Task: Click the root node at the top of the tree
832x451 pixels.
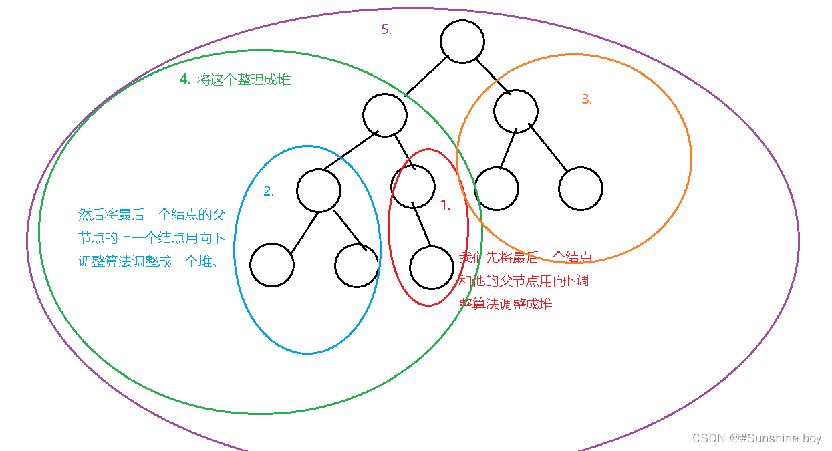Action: pos(462,41)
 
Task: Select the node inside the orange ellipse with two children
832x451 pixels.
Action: pos(516,111)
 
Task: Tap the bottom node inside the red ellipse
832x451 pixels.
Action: pos(431,267)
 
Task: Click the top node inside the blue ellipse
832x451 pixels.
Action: pos(319,190)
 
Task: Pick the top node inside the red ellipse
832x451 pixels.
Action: pos(413,186)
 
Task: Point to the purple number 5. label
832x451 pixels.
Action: pos(386,30)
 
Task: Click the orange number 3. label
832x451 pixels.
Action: pos(587,100)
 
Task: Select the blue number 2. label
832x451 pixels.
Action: pos(269,192)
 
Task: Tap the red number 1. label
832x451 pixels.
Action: pos(445,206)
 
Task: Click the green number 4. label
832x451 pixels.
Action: pos(185,80)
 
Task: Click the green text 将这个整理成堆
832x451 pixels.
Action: pos(244,80)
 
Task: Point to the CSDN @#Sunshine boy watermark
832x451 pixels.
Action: pos(756,438)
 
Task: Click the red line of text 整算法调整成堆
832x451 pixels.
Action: pos(506,303)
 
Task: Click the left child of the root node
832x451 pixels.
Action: pos(385,115)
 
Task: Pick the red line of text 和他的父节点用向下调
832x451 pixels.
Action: pos(523,281)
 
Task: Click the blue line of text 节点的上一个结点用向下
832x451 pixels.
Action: pos(152,239)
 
